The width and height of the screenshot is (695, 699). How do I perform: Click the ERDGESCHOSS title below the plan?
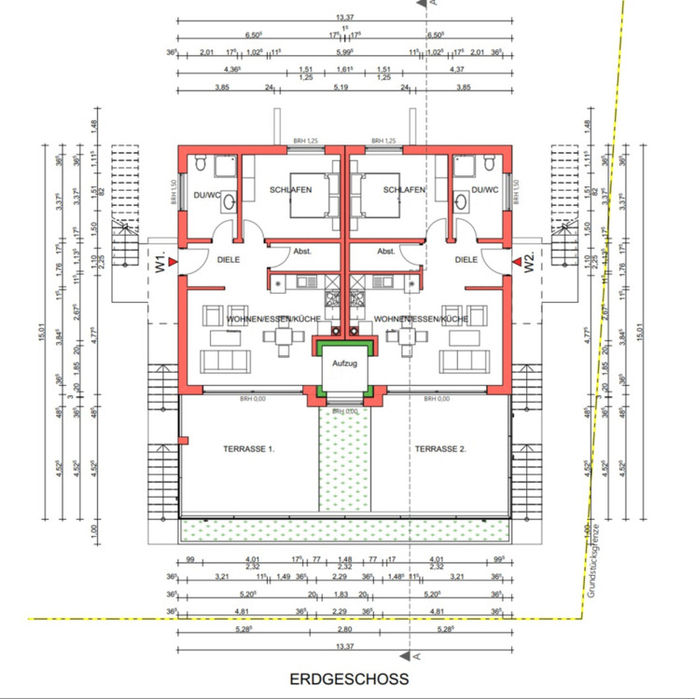(349, 679)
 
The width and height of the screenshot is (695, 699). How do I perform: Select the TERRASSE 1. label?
(248, 449)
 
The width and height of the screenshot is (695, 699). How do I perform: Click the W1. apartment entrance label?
(160, 262)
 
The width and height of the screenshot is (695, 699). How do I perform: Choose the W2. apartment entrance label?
(529, 262)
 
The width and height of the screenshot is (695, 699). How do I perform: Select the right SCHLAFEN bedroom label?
(403, 189)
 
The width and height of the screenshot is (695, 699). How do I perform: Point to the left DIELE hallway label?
(229, 262)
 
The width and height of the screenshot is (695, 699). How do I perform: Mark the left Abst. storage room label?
(301, 251)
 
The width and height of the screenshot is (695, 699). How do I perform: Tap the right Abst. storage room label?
(386, 251)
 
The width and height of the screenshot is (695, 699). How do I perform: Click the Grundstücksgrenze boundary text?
(591, 559)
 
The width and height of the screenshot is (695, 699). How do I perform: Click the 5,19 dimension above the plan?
(346, 86)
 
